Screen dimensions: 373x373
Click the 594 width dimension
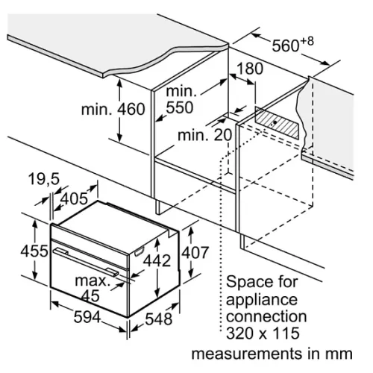[x=87, y=317]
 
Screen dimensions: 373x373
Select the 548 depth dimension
[x=159, y=319]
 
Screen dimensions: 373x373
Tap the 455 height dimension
[x=34, y=251]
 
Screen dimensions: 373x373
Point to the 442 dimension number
[x=157, y=260]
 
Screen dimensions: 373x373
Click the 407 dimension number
[x=195, y=252]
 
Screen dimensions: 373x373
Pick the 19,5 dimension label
[x=44, y=179]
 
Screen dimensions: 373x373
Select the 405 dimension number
[x=75, y=198]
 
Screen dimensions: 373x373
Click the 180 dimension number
[x=249, y=69]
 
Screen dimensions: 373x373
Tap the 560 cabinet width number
[x=286, y=46]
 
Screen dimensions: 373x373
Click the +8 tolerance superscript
[x=307, y=41]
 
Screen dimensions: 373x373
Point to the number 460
[x=131, y=109]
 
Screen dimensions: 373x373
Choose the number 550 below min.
[x=180, y=107]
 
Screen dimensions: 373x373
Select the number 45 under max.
[x=90, y=295]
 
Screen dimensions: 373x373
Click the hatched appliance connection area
[x=277, y=122]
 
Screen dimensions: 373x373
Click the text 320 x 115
[x=263, y=333]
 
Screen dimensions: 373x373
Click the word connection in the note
[x=266, y=316]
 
